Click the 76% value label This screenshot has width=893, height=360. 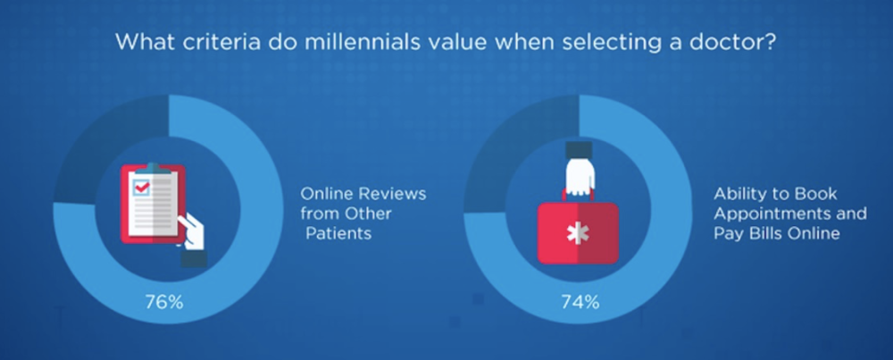164,303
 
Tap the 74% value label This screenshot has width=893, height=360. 580,303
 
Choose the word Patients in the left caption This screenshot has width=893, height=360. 338,233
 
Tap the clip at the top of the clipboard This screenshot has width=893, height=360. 152,168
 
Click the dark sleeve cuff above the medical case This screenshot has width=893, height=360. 579,150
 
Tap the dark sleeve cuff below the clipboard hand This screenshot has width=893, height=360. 194,259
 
